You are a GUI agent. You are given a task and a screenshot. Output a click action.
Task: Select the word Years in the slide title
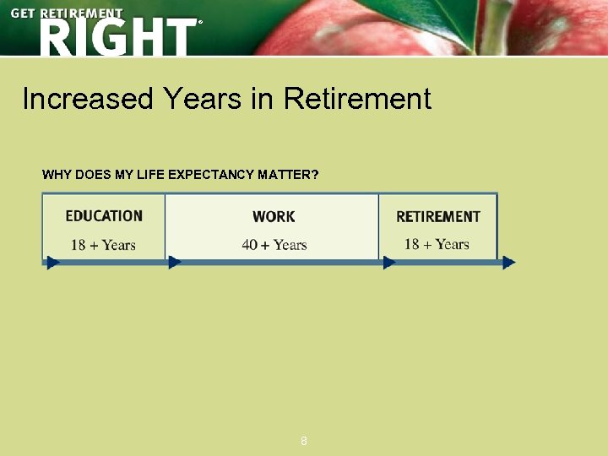coord(202,100)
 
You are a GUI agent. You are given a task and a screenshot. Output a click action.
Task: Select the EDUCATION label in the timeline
coord(104,216)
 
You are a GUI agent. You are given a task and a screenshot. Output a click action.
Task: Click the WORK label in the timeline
coord(274,217)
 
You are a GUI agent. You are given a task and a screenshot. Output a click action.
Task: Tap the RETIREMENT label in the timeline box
coord(437,217)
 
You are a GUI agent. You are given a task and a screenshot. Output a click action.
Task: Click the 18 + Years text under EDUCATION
coord(103,245)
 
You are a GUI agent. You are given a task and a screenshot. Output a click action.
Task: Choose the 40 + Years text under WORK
coord(274,245)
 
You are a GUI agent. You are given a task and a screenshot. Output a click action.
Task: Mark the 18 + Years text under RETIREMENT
coord(437,244)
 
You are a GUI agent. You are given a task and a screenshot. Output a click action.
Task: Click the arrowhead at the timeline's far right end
coord(508,263)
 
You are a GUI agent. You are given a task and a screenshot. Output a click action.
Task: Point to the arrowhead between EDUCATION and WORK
coord(175,263)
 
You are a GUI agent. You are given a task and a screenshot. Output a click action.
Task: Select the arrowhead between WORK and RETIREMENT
coord(389,263)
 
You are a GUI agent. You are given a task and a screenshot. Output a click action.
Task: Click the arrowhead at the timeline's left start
coord(53,263)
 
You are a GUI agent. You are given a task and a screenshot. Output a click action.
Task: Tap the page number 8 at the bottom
coord(304,441)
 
